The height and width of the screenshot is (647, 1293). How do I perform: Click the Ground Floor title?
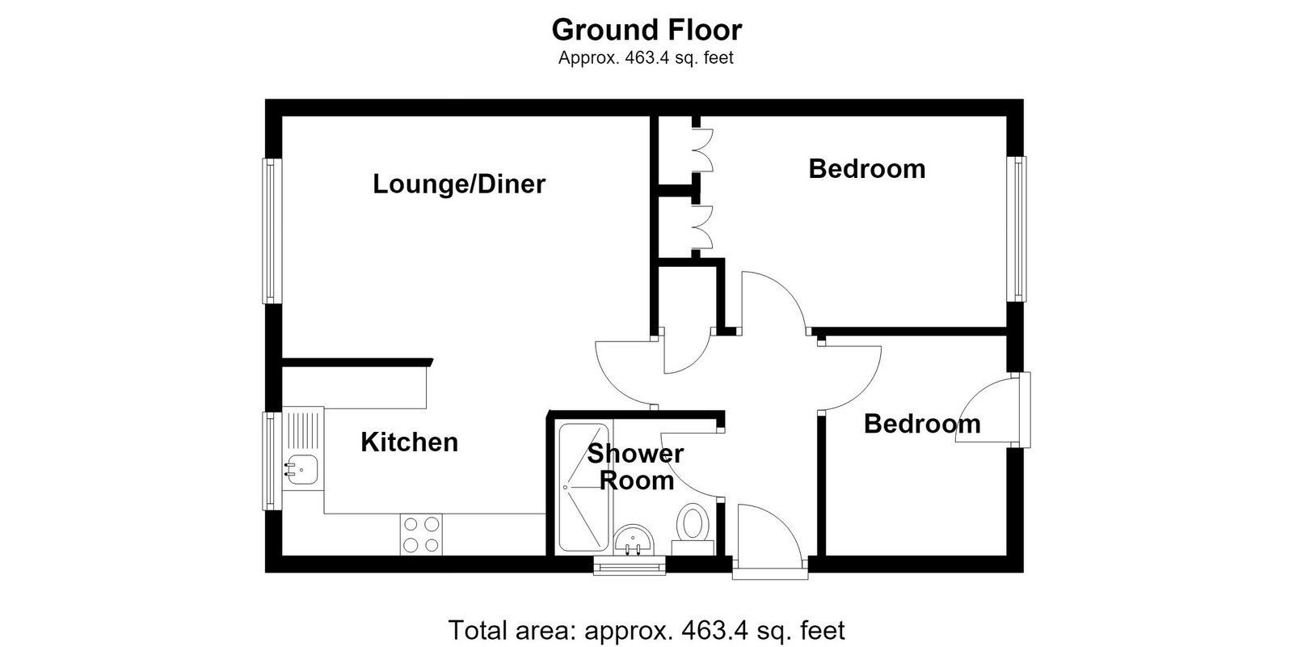pos(646,30)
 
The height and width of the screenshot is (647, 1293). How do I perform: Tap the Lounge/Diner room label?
pos(459,184)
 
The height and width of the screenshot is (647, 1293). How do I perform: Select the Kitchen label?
pos(409,442)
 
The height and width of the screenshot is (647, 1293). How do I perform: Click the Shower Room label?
pos(635,467)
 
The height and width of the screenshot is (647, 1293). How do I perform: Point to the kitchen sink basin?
pos(301,469)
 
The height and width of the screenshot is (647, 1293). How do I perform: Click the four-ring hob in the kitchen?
pos(421,535)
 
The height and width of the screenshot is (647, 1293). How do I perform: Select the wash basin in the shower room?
pos(634,541)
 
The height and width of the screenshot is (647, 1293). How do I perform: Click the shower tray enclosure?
pos(583,488)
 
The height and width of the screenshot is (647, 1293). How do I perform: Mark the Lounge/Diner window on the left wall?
pos(272,230)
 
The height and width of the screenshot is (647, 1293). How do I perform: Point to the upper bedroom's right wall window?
pos(1017,229)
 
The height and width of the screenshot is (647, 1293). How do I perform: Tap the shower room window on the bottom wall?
pos(630,565)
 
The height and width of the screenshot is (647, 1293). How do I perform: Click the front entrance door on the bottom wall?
pos(770,541)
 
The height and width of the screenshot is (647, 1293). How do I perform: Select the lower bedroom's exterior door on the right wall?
pos(993,409)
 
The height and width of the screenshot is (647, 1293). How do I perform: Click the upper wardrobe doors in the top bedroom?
pos(702,150)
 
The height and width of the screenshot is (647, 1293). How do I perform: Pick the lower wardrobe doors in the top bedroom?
pos(702,227)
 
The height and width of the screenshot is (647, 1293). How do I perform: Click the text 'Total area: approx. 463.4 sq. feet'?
pos(646,630)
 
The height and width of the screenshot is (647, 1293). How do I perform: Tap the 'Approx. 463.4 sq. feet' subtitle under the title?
pos(646,57)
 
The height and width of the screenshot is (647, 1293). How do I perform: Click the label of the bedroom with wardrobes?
pos(866,169)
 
